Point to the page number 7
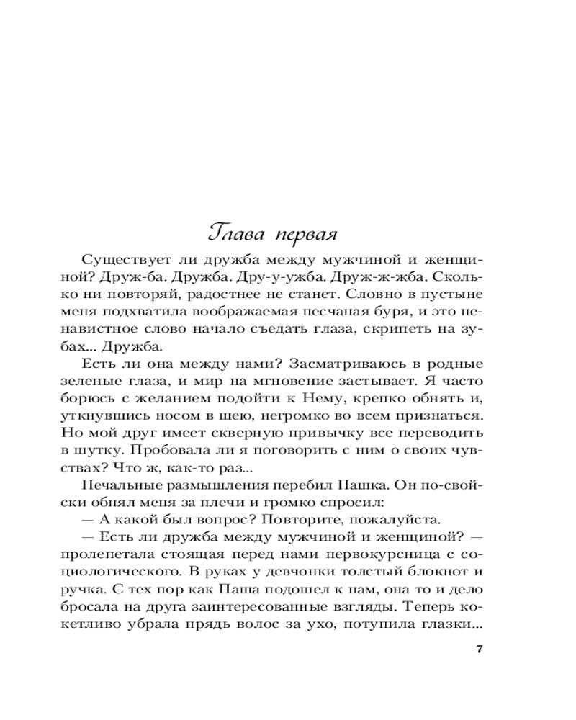point(480,649)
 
